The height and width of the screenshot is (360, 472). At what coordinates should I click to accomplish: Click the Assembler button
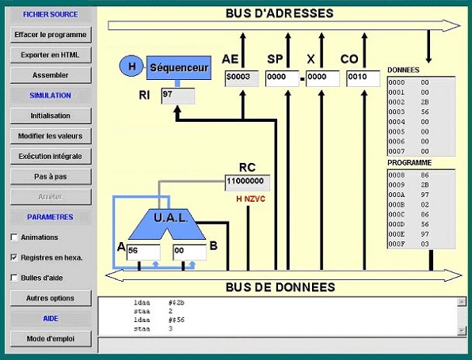[51, 75]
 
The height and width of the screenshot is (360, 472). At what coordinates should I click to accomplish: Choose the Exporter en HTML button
[51, 55]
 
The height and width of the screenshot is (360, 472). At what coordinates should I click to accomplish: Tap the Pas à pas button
[51, 176]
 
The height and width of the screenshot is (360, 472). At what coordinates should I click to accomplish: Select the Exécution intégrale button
[51, 157]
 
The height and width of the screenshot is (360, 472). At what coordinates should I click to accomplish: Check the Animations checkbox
[14, 237]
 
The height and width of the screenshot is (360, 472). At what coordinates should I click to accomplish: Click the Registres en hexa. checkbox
[14, 257]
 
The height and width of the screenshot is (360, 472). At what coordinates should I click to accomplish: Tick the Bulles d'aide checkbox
[14, 278]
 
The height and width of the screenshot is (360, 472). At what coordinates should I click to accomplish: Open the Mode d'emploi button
[51, 339]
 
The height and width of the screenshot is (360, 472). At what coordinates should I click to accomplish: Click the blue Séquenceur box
[179, 68]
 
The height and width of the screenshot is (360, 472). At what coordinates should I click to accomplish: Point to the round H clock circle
[131, 66]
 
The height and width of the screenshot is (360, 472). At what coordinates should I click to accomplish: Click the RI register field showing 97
[178, 96]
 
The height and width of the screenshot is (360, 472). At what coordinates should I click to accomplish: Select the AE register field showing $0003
[242, 78]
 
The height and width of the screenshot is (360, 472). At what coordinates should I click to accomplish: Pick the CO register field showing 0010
[364, 78]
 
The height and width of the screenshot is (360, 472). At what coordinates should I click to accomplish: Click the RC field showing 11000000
[247, 183]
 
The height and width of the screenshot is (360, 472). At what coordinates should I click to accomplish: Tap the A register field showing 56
[143, 252]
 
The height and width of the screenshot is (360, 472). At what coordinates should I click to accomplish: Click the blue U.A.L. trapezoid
[167, 223]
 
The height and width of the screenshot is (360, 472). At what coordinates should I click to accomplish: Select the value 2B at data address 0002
[424, 102]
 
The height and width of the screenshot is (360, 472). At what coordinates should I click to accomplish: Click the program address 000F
[397, 244]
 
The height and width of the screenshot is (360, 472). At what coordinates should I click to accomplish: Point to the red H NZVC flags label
[251, 199]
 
